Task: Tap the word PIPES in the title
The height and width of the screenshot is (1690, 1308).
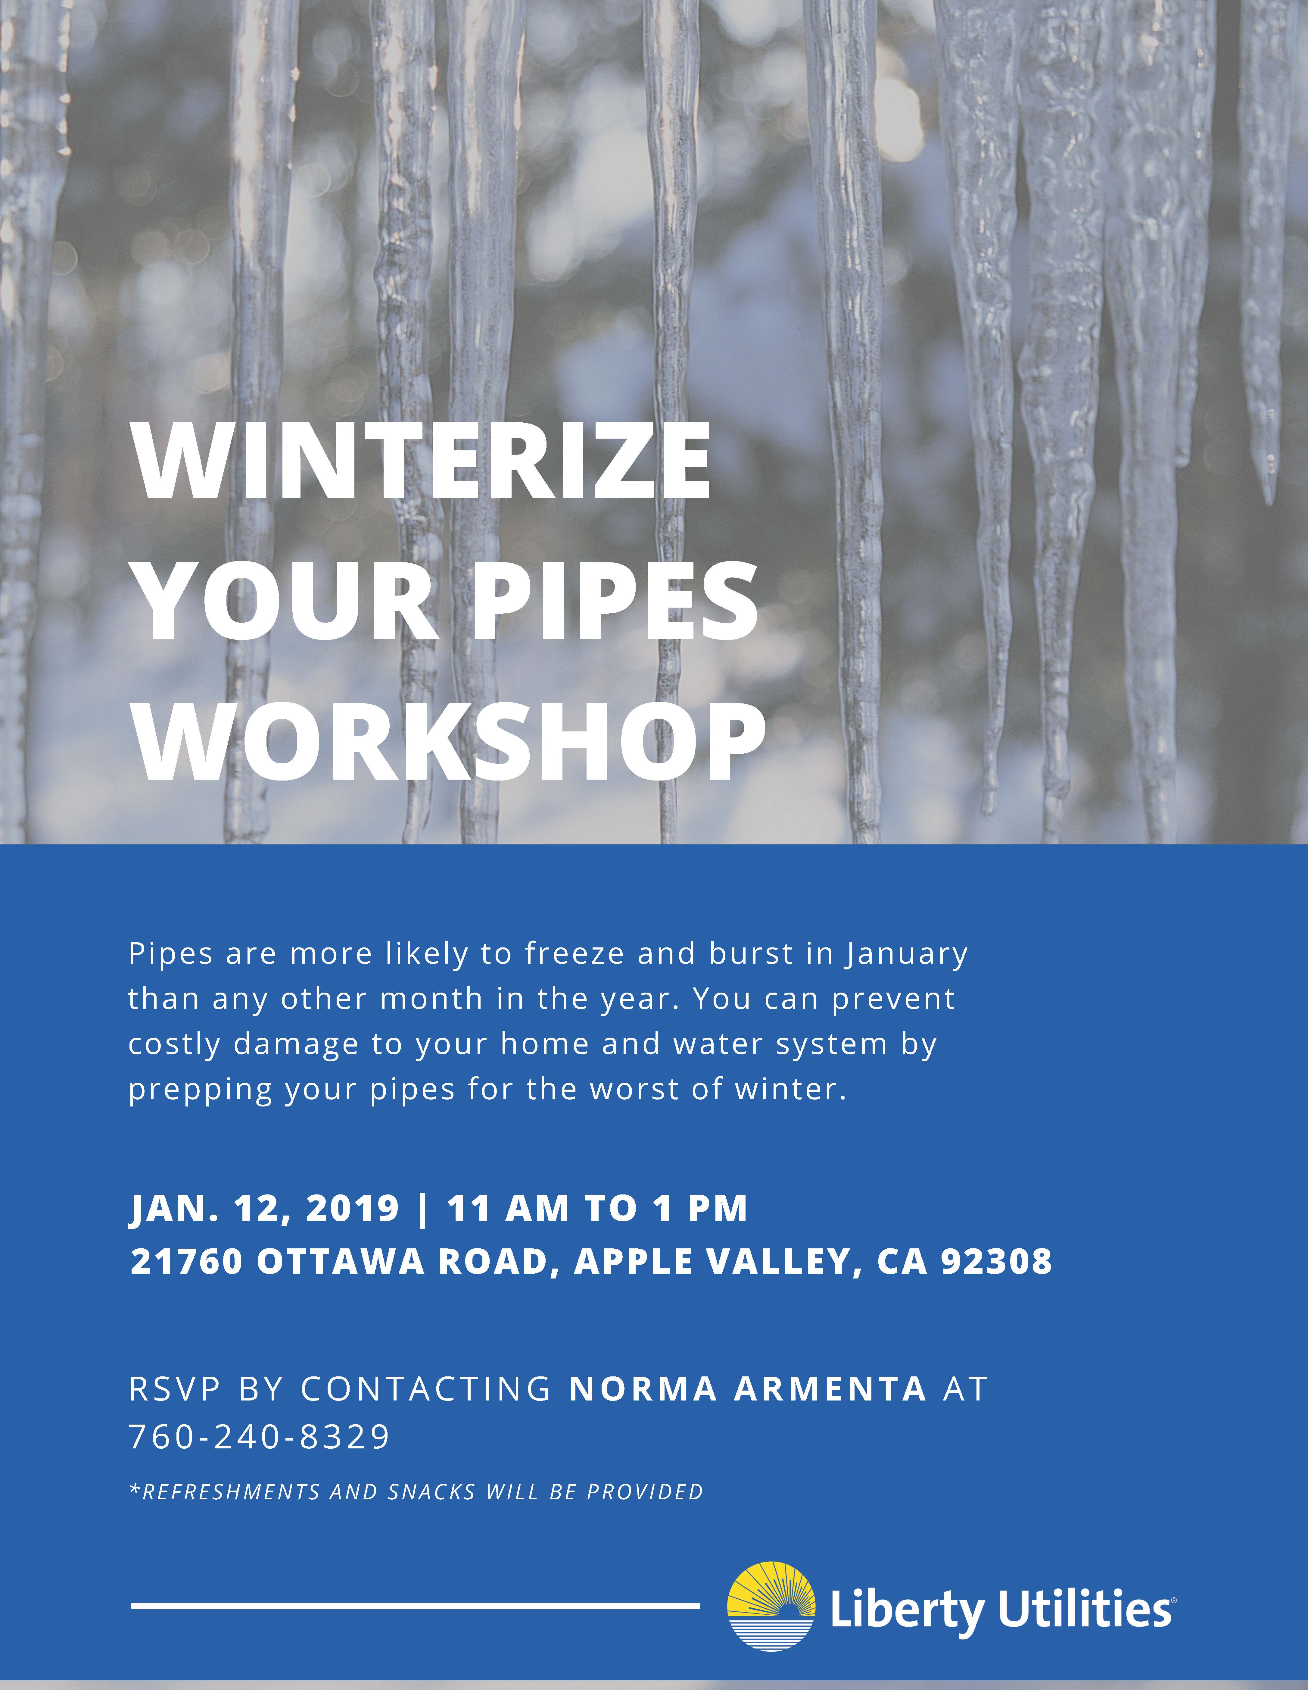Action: coord(615,601)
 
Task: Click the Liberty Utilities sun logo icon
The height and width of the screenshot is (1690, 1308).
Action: coord(771,1607)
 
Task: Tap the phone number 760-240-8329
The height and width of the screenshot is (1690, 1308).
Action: coord(259,1437)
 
